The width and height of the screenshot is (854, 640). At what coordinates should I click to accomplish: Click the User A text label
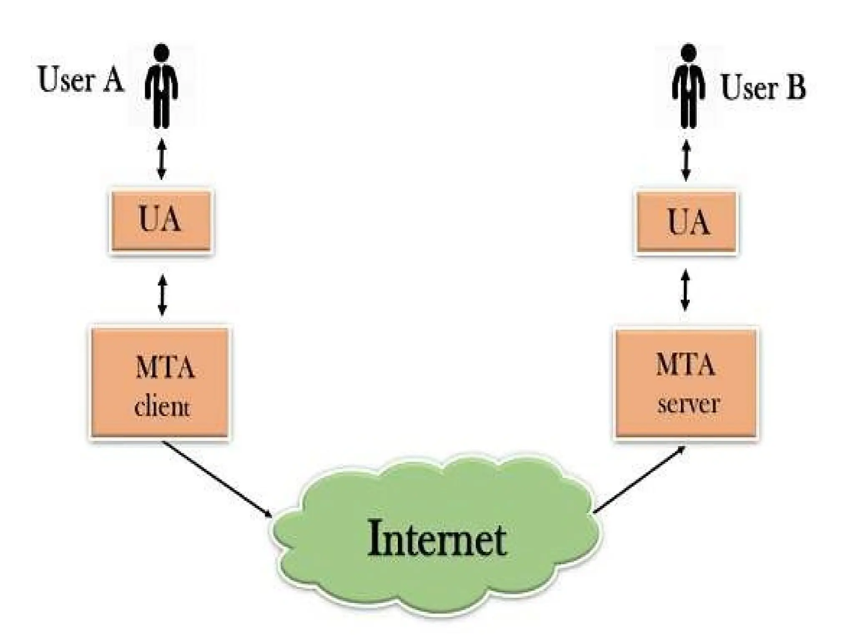81,80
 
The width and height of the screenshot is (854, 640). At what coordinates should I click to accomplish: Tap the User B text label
763,87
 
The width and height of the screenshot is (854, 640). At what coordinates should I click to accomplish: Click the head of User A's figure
161,52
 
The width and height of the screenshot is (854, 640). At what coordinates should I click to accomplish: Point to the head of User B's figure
689,52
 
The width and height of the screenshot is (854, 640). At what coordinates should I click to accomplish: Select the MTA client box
160,382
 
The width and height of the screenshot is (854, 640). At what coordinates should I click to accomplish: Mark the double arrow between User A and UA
161,160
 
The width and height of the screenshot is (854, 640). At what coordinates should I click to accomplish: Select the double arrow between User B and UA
686,160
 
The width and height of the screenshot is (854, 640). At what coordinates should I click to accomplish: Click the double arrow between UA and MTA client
162,295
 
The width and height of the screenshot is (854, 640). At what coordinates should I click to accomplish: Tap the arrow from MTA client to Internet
217,479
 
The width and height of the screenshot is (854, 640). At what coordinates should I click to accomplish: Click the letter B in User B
796,87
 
